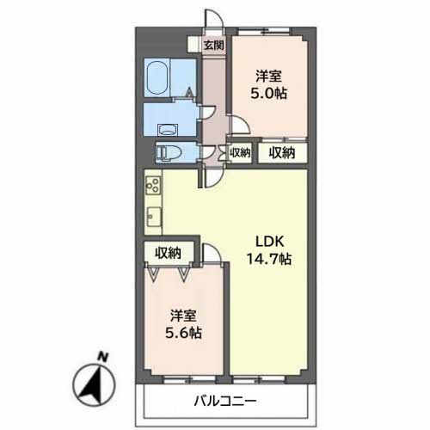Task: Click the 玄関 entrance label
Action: [213, 45]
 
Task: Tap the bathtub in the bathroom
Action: [157, 78]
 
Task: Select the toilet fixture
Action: [168, 152]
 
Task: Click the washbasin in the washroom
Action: [169, 130]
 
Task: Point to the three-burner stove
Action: [153, 185]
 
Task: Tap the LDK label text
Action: [270, 242]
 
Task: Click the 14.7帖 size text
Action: [269, 259]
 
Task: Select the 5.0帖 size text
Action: [268, 93]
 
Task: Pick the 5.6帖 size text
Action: [183, 333]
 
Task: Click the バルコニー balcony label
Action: [225, 401]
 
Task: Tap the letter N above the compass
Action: [102, 357]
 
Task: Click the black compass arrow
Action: [93, 384]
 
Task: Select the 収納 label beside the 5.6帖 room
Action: [169, 253]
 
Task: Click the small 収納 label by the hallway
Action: [240, 153]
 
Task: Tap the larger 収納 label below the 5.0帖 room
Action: [282, 153]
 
